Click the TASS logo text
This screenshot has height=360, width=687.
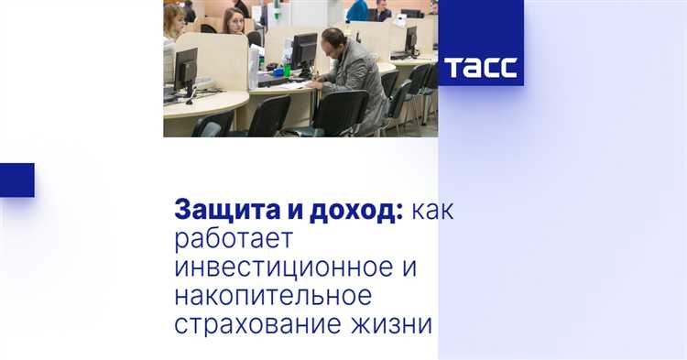pos(481,68)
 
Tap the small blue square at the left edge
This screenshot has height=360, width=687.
pos(16,180)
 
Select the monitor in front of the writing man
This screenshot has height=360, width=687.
pos(302,53)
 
